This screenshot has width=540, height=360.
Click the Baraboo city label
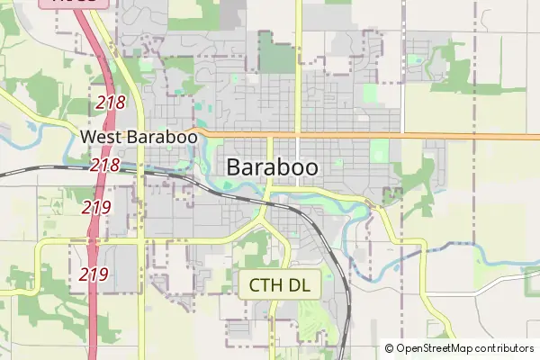coord(272,166)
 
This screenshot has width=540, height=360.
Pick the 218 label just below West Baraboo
coord(105,165)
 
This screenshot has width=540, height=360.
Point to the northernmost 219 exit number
coord(96,207)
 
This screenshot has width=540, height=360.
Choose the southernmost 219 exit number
coord(94,274)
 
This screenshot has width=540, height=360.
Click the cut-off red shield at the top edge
coord(75,3)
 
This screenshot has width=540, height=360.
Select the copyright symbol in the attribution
coord(389,348)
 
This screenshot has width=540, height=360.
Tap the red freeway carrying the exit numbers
coord(94,238)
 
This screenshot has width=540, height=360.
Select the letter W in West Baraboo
coord(88,137)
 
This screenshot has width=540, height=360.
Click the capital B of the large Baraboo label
coord(234,166)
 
